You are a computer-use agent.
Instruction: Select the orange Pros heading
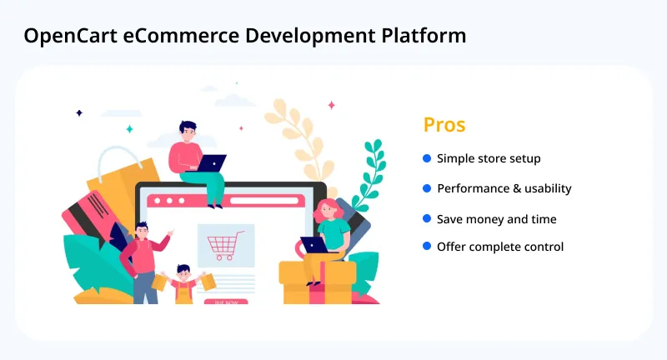coord(444,125)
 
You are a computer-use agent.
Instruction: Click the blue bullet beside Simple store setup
coord(427,157)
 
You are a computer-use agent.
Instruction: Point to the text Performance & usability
coord(504,188)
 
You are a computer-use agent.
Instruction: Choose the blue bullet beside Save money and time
coord(427,218)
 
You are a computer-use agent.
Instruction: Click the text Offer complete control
coord(500,247)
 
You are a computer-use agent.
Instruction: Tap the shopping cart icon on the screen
coord(225,245)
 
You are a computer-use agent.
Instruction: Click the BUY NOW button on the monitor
coord(226,302)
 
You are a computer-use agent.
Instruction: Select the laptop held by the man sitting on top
coord(212,162)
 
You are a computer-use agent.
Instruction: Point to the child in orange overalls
coord(183,286)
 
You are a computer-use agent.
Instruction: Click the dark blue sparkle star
coord(79,112)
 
